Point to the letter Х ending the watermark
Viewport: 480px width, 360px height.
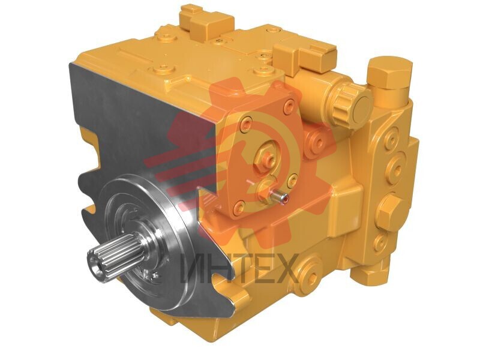click(287, 268)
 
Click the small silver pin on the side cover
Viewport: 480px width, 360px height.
click(279, 196)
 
